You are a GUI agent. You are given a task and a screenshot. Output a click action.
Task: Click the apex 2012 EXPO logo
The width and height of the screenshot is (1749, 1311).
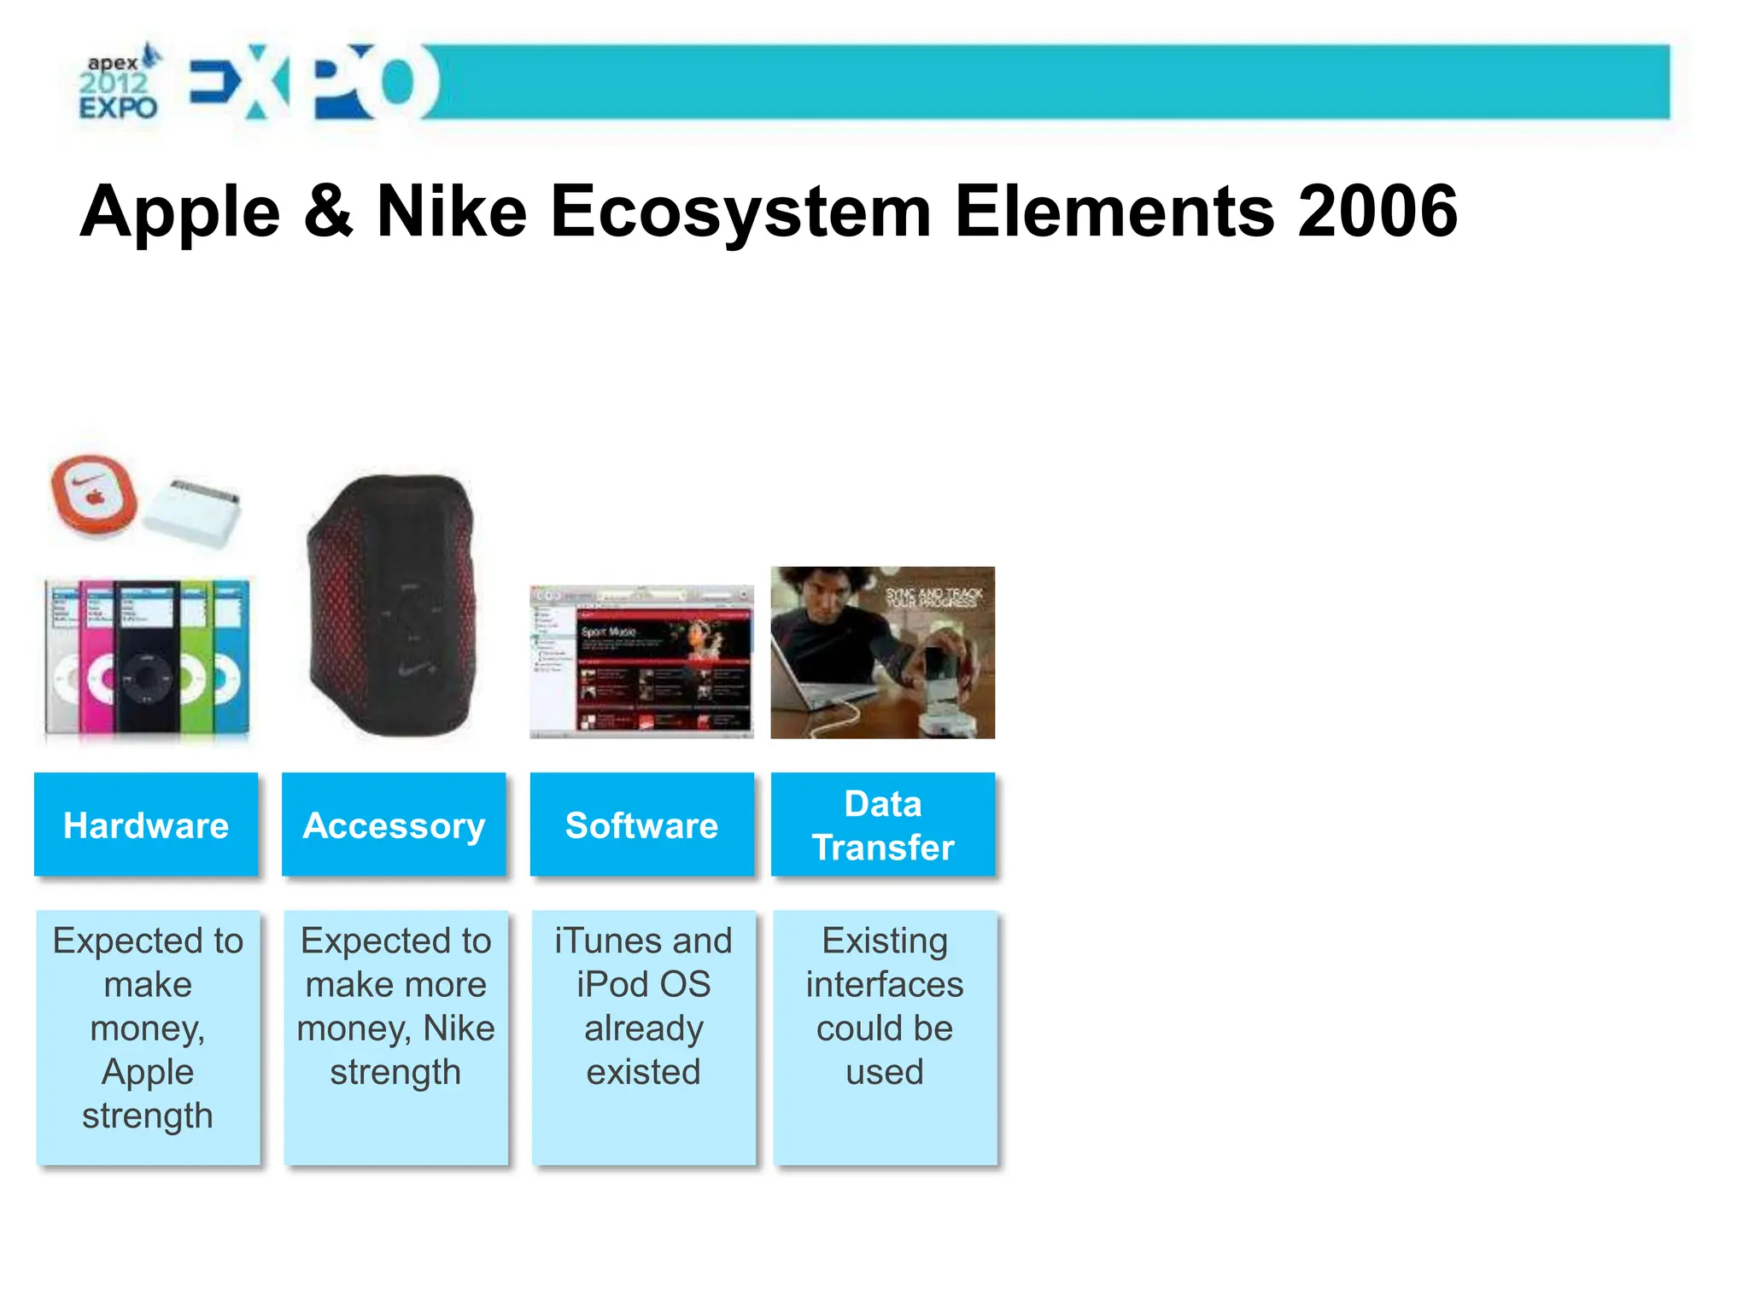[119, 84]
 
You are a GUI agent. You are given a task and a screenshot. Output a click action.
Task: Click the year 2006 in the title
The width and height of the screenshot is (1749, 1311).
[1377, 213]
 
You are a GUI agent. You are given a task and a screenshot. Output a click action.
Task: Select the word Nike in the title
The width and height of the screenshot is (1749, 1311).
[452, 213]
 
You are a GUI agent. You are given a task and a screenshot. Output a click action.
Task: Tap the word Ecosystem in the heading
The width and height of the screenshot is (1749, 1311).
[740, 213]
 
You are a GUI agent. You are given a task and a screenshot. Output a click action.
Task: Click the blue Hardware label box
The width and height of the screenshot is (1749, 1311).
[146, 825]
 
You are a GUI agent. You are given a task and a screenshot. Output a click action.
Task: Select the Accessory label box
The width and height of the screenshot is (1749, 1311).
[394, 825]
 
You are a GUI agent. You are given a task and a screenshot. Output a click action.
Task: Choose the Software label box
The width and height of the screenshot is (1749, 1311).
[641, 825]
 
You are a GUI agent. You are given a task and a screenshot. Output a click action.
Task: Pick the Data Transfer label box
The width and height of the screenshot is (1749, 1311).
[883, 825]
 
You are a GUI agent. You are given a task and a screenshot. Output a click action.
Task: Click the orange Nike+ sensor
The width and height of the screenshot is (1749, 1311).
[93, 496]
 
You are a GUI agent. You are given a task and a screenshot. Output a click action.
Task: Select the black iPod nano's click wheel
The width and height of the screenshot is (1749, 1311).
[147, 679]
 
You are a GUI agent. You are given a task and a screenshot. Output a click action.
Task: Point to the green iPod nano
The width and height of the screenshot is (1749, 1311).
[196, 657]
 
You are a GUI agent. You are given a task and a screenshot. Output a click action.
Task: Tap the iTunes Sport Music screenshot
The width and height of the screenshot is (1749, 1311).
[641, 661]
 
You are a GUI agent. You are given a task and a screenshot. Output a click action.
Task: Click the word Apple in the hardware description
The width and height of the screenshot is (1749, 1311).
[148, 1072]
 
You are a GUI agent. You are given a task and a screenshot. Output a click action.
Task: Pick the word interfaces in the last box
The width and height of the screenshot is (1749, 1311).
[885, 985]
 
